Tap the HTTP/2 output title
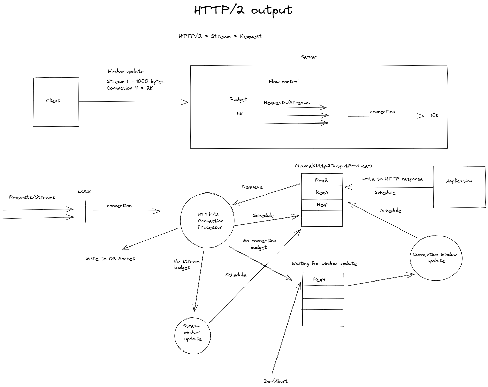243,11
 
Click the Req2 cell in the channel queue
322,180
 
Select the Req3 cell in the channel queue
322,193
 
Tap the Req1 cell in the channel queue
322,205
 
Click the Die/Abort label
276,381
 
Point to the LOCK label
85,191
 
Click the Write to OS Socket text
110,259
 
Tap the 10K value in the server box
434,115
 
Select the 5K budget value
240,113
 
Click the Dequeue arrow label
252,187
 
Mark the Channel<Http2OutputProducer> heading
333,166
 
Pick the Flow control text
284,81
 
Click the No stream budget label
186,264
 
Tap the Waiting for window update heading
324,263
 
